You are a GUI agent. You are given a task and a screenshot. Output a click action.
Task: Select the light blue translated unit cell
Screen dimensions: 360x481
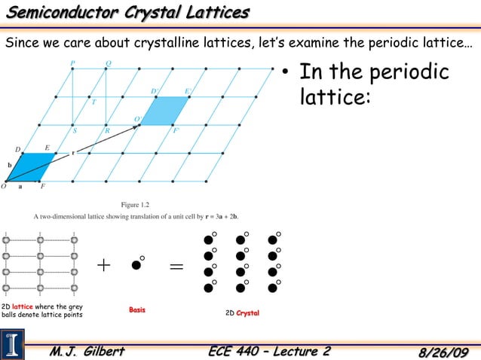[x=165, y=111]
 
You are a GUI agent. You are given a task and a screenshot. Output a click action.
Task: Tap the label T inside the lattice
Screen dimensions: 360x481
[x=93, y=104]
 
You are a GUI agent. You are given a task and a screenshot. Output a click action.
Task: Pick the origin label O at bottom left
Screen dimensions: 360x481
[x=4, y=186]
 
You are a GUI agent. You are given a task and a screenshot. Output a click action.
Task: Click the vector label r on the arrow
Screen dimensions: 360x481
[x=73, y=153]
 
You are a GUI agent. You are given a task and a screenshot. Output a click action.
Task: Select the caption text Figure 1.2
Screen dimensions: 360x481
[x=136, y=204]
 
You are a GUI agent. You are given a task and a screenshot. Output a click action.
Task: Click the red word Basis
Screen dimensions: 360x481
[x=136, y=310]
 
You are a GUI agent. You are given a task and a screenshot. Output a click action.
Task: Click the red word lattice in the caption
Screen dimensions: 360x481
[x=22, y=307]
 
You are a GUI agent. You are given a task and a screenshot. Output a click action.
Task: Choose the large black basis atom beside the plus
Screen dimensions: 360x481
[x=136, y=265]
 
